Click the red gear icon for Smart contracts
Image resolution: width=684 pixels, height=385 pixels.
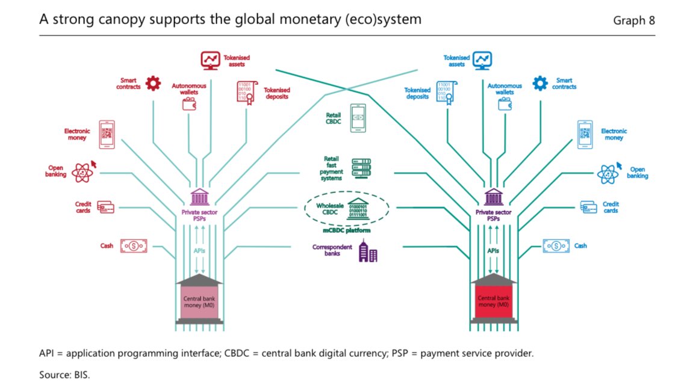point(153,83)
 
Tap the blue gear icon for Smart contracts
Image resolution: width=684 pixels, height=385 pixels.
point(540,83)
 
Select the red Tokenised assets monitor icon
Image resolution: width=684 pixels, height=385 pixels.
point(210,60)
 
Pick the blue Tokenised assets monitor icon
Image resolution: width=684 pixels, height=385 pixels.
point(482,60)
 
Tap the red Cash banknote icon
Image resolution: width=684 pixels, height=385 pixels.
point(133,245)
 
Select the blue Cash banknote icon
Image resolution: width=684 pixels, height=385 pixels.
point(556,245)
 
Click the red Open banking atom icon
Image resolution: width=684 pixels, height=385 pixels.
point(82,172)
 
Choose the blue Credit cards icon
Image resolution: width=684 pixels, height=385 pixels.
point(589,207)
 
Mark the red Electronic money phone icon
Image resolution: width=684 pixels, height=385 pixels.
point(107,134)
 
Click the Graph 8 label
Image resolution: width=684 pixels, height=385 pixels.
point(633,20)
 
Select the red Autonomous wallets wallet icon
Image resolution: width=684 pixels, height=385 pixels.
point(189,103)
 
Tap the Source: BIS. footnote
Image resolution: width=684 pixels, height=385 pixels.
point(64,374)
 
